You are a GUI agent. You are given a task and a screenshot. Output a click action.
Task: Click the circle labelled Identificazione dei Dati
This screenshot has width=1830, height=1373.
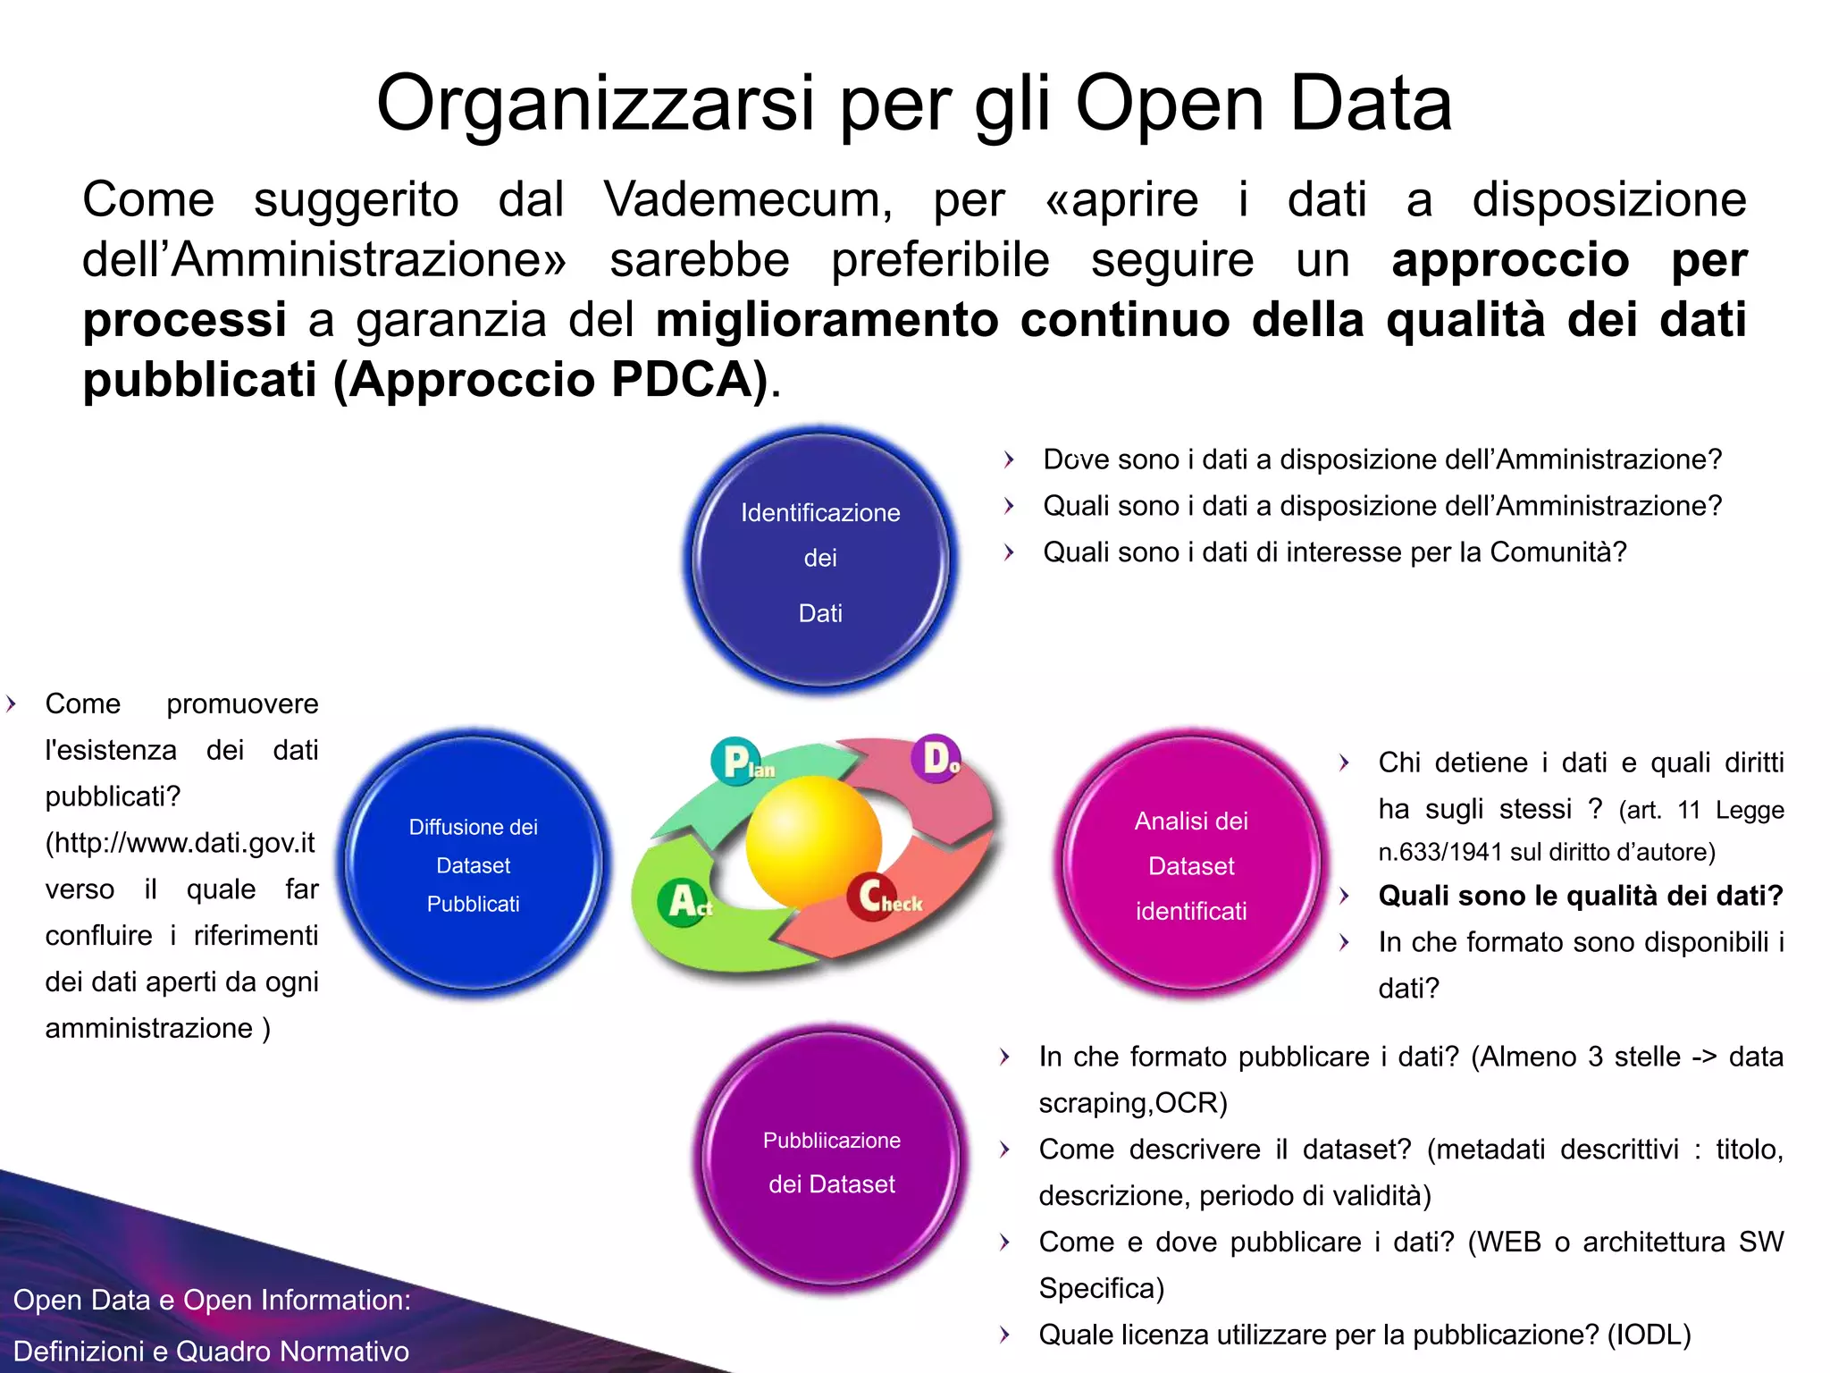[x=820, y=560]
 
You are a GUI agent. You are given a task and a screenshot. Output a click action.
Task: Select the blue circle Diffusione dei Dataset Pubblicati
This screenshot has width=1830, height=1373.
[x=474, y=864]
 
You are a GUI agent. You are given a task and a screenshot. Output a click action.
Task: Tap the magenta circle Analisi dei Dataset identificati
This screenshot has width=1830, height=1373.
[x=1191, y=864]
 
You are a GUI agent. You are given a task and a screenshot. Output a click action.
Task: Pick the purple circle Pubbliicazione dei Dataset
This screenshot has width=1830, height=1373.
[x=831, y=1160]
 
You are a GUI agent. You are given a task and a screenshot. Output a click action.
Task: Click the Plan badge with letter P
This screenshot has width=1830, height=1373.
[x=737, y=762]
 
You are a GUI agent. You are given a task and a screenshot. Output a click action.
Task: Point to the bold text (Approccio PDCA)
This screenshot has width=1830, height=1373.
[x=551, y=380]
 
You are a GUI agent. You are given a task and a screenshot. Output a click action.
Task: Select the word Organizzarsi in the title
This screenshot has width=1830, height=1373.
[x=595, y=104]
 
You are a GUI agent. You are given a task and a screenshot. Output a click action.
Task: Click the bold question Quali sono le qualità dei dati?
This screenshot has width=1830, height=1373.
[x=1580, y=896]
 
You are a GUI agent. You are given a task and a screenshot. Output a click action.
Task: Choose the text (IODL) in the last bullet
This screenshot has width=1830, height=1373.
[x=1649, y=1335]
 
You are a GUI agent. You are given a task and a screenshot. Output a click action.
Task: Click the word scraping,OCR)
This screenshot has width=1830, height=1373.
[x=1133, y=1103]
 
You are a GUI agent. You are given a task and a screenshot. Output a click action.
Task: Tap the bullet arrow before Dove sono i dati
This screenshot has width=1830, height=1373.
[x=1009, y=459]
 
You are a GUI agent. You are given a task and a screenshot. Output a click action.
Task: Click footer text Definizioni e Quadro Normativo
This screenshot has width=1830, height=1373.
[x=212, y=1351]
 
